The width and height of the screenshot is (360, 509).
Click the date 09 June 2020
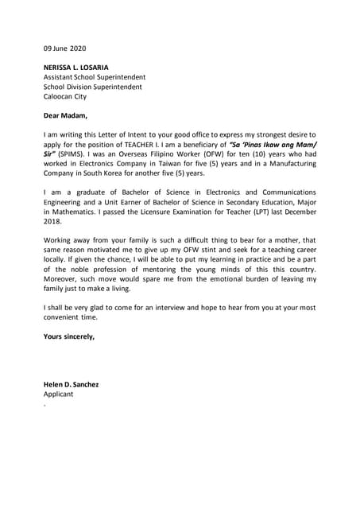coord(64,48)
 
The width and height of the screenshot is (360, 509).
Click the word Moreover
coord(63,279)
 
